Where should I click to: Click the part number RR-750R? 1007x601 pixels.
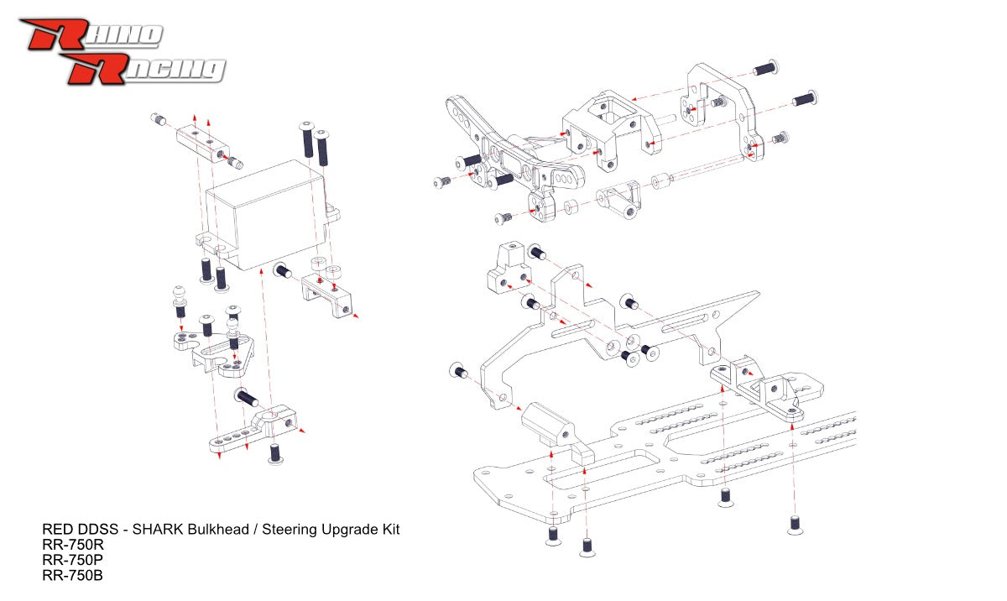(73, 545)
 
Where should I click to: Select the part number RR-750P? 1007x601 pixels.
(72, 560)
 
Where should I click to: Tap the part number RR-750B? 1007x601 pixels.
(72, 575)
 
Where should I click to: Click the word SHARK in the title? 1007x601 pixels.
(158, 530)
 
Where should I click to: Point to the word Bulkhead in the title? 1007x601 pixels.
(218, 530)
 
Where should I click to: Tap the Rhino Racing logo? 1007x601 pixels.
(123, 51)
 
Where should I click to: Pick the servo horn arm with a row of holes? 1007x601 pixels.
(252, 429)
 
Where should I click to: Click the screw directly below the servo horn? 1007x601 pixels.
(275, 453)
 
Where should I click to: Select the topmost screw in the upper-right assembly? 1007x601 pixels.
(765, 68)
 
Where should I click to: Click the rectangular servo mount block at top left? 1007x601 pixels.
(202, 144)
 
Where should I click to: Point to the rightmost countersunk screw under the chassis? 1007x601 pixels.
(796, 525)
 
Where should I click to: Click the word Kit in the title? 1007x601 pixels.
(391, 530)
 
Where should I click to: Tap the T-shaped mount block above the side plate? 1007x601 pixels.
(509, 269)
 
